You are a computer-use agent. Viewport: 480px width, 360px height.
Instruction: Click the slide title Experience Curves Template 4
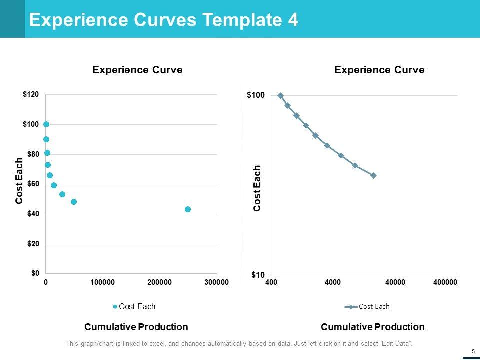(164, 20)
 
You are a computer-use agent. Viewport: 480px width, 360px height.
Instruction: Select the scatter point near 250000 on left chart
(188, 209)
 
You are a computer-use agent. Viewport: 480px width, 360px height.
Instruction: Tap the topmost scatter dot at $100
(46, 124)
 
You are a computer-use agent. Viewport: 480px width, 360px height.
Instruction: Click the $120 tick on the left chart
(31, 94)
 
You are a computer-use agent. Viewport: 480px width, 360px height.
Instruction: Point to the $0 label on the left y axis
(34, 273)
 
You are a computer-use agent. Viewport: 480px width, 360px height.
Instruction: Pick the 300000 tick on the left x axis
(216, 283)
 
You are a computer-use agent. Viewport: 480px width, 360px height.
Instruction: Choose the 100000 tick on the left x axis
(103, 283)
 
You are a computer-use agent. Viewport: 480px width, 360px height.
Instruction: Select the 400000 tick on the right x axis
(445, 283)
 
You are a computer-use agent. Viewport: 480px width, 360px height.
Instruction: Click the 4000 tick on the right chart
(333, 283)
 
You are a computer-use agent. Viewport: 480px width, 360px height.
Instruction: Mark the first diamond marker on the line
(280, 95)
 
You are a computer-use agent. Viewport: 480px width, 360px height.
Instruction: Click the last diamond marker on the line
(374, 175)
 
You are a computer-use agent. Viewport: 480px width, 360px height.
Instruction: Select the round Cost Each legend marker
(115, 307)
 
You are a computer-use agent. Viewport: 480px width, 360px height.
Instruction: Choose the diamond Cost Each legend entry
(367, 307)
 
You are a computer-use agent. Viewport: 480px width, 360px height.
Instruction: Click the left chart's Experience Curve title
(137, 70)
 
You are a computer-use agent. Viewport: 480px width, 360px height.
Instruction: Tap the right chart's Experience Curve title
(379, 70)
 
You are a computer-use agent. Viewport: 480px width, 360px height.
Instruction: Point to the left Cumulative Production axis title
(136, 327)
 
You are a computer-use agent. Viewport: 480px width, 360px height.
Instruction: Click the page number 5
(472, 351)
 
